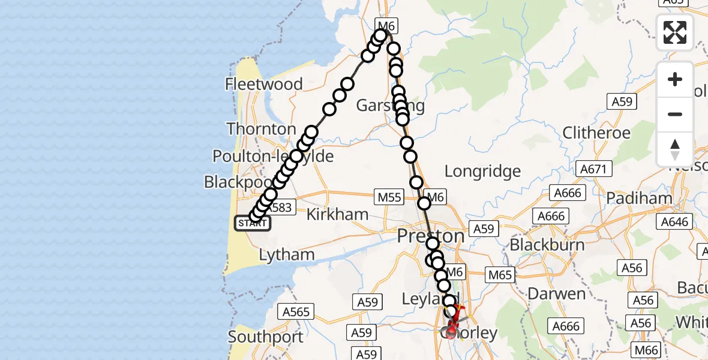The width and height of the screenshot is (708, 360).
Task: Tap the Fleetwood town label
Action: coord(263,84)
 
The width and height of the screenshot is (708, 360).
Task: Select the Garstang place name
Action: coord(390,106)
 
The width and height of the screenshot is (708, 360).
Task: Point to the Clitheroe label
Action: coord(596,133)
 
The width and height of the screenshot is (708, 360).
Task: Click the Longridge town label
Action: coord(482,172)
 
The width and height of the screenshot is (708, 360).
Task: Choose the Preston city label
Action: coord(431,236)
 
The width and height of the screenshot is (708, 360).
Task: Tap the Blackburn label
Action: coord(547,245)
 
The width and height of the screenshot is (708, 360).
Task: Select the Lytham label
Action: coord(287,255)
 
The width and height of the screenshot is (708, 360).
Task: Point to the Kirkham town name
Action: coord(337,215)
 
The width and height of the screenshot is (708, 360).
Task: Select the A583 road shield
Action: coord(281,208)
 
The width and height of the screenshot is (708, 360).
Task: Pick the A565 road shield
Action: coord(296,311)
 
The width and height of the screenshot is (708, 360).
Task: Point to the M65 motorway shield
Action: coord(500,275)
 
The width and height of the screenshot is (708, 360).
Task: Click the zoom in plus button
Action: coord(675,80)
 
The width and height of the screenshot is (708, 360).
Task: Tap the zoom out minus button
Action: coord(675,114)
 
